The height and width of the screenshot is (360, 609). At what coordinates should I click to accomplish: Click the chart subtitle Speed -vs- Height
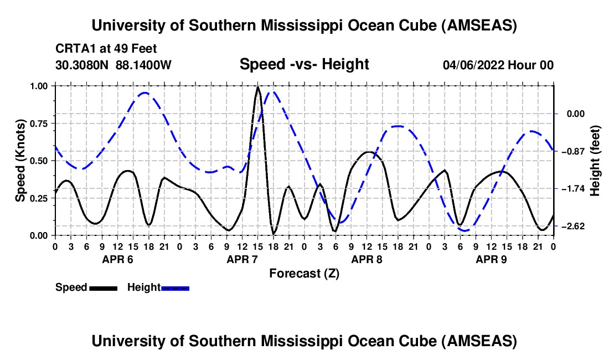click(x=304, y=65)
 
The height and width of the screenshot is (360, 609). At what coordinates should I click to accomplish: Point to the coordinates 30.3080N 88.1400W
click(x=113, y=65)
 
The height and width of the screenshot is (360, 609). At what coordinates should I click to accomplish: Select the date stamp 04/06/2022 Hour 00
click(x=498, y=65)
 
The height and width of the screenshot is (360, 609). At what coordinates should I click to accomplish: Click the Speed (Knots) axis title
click(x=20, y=161)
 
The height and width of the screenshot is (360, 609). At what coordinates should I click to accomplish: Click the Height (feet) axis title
click(x=595, y=161)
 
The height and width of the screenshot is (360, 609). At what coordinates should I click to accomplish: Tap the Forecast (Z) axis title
click(x=304, y=273)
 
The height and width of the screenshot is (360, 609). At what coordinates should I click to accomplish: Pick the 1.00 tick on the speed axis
click(x=40, y=86)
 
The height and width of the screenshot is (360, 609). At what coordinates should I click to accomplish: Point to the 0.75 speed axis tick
click(x=40, y=124)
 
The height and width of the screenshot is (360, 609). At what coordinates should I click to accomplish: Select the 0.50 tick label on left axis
click(x=40, y=161)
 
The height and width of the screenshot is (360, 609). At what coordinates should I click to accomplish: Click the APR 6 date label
click(x=117, y=259)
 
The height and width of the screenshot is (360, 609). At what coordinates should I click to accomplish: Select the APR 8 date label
click(x=367, y=259)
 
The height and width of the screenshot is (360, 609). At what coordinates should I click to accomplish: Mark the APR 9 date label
click(x=491, y=259)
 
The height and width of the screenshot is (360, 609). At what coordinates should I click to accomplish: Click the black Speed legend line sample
click(x=103, y=287)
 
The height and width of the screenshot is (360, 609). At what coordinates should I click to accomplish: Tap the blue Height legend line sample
click(x=175, y=287)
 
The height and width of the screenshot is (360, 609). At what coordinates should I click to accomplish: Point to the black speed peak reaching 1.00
click(x=257, y=88)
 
